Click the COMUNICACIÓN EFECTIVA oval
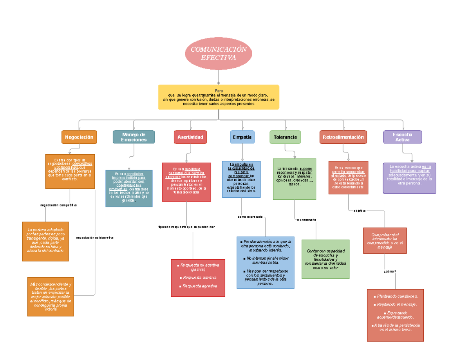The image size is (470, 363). (x=218, y=53)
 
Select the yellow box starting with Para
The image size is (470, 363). (x=218, y=97)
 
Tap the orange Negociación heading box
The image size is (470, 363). (x=79, y=137)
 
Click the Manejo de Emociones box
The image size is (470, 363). (x=134, y=137)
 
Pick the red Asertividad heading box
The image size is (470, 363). (x=190, y=137)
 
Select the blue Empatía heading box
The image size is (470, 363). (x=242, y=137)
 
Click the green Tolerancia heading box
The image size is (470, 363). (x=285, y=137)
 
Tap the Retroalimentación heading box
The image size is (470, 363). (x=343, y=137)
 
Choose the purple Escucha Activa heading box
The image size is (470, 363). (x=402, y=137)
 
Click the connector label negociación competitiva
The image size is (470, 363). (x=58, y=205)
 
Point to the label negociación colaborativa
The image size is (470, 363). (x=95, y=238)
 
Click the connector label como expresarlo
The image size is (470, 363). (x=250, y=217)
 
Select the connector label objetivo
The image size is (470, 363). (x=359, y=211)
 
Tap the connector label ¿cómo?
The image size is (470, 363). (x=390, y=271)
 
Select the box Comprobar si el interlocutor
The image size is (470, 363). (x=385, y=241)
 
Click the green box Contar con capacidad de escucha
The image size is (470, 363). (x=325, y=259)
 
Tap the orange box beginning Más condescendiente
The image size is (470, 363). (x=51, y=296)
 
